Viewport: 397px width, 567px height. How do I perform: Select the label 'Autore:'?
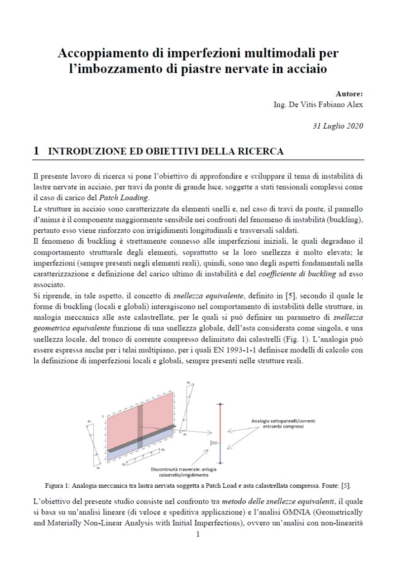click(x=349, y=94)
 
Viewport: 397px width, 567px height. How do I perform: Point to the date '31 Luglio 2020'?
click(x=337, y=126)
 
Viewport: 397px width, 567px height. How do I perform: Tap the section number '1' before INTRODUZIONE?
click(x=36, y=151)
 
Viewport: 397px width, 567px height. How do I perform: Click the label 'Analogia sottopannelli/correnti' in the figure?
click(x=283, y=421)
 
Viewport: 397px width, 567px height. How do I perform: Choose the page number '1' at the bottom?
click(x=198, y=534)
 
